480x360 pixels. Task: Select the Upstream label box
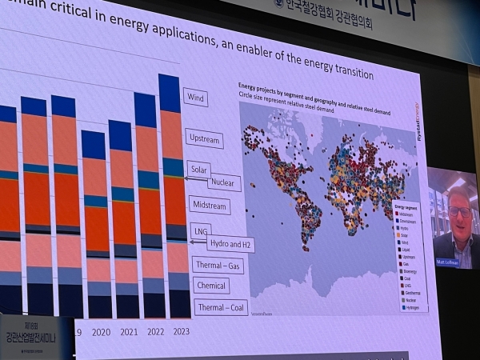point(203,138)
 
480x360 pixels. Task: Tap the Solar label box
point(198,169)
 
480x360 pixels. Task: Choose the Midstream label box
point(208,206)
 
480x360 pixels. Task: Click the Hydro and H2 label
point(230,243)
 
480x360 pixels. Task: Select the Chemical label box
point(210,285)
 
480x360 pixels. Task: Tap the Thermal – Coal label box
point(222,307)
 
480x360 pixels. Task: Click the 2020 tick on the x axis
point(101,331)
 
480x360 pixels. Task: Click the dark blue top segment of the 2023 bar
point(170,93)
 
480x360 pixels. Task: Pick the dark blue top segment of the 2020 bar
point(94,145)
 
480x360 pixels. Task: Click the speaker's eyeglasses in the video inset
point(459,211)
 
